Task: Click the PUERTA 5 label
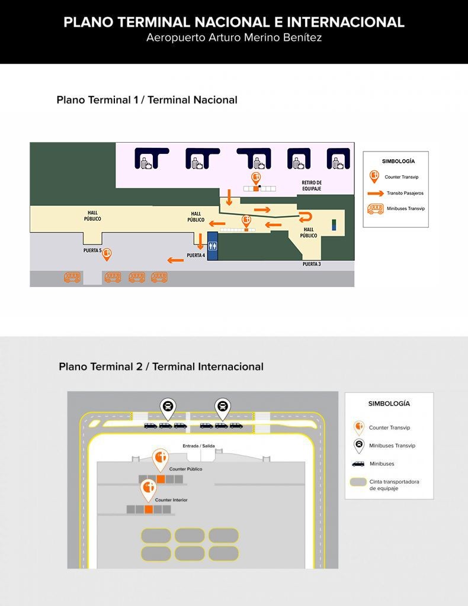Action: tap(92, 250)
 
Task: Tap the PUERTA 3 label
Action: tap(312, 264)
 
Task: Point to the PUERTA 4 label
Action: tap(195, 256)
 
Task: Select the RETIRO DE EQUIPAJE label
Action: tap(312, 185)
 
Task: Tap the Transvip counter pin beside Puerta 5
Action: tap(107, 254)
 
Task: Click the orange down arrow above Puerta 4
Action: tap(200, 241)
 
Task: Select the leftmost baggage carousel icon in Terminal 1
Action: tap(144, 159)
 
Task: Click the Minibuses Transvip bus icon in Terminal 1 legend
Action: tap(375, 208)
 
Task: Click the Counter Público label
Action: tap(185, 469)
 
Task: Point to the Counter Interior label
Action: tap(171, 500)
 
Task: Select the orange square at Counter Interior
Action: tap(149, 509)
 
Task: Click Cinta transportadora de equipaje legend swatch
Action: tap(358, 482)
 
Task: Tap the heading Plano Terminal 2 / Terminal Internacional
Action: tap(161, 366)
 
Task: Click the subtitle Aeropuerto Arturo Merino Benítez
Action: tap(234, 38)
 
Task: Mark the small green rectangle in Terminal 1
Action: tap(334, 225)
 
